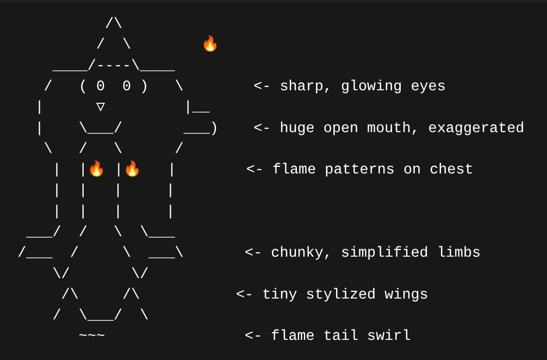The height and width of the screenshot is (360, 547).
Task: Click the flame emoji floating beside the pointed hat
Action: (x=210, y=44)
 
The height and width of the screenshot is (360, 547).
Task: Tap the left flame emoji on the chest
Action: (x=96, y=169)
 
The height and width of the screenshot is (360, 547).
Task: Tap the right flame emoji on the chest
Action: (x=132, y=169)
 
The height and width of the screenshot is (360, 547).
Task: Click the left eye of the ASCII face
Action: (x=101, y=86)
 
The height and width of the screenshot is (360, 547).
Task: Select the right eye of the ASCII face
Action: (x=127, y=86)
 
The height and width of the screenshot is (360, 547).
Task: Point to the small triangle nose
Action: (x=101, y=106)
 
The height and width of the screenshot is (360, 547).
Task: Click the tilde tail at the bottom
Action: (x=92, y=335)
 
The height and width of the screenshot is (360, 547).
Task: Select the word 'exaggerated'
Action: (x=476, y=128)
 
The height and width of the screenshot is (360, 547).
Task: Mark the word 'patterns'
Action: (x=359, y=169)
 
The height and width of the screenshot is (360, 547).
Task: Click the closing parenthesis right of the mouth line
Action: (x=214, y=128)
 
